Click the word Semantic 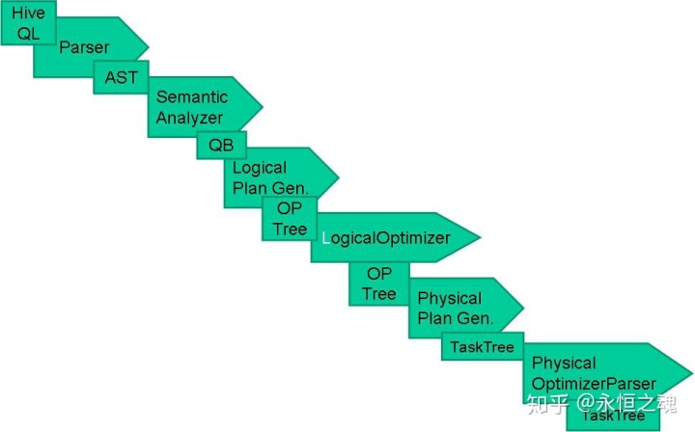pyautogui.click(x=191, y=97)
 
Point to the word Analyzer pyautogui.click(x=189, y=118)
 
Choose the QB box pyautogui.click(x=221, y=146)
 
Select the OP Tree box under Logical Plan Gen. pyautogui.click(x=289, y=219)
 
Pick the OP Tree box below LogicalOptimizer pyautogui.click(x=378, y=284)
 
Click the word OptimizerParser pyautogui.click(x=594, y=383)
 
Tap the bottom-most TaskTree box pyautogui.click(x=613, y=416)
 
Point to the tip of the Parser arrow pyautogui.click(x=148, y=46)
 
